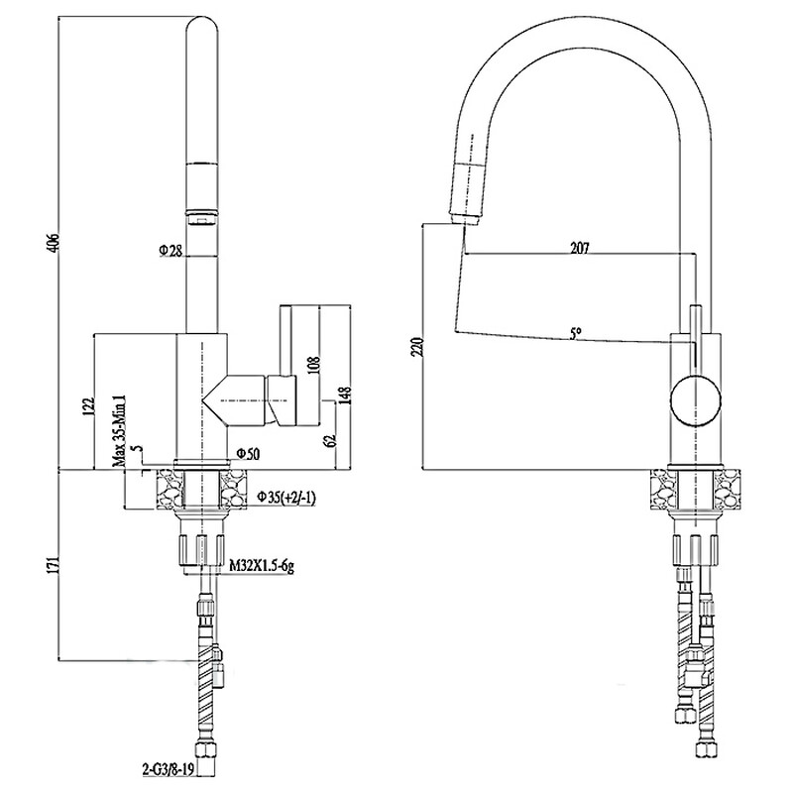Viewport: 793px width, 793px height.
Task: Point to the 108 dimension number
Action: [312, 366]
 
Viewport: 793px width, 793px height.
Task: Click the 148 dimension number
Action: [344, 396]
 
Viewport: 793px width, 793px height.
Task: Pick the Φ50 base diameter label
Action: [247, 454]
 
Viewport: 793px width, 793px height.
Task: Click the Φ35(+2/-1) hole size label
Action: [286, 496]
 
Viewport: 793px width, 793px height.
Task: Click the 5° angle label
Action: [577, 334]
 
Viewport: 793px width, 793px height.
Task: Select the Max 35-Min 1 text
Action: [118, 427]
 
